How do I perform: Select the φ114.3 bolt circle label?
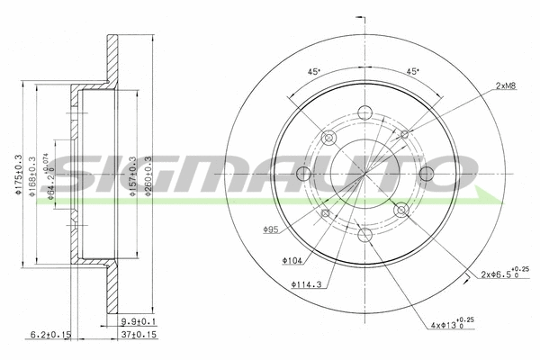(306, 286)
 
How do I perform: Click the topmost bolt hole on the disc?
(364, 112)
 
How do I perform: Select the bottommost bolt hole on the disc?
(364, 236)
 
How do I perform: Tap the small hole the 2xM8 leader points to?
(404, 134)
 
